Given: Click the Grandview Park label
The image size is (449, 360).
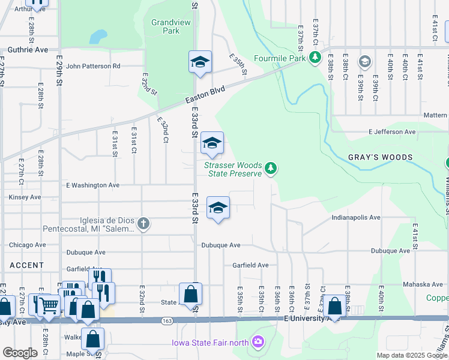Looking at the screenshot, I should pyautogui.click(x=165, y=26).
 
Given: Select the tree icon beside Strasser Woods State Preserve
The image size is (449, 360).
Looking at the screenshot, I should pyautogui.click(x=271, y=168).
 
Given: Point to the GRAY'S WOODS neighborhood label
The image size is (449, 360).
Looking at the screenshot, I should pyautogui.click(x=381, y=157).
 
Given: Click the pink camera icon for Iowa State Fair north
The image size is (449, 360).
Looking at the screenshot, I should pyautogui.click(x=258, y=342).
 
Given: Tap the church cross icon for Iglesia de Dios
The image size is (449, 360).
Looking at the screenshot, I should pyautogui.click(x=143, y=224).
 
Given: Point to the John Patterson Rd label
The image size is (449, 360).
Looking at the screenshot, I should pyautogui.click(x=93, y=66).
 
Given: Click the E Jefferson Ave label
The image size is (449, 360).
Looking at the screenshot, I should pyautogui.click(x=392, y=131).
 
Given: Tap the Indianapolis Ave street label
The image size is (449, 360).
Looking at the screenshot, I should pyautogui.click(x=356, y=218).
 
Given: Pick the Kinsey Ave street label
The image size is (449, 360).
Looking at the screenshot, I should pyautogui.click(x=25, y=197).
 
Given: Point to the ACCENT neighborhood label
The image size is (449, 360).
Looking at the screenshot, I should pyautogui.click(x=26, y=265).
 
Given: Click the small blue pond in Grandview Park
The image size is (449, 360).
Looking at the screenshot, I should pyautogui.click(x=95, y=37).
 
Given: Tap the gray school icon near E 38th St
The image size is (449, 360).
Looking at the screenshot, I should pyautogui.click(x=364, y=61).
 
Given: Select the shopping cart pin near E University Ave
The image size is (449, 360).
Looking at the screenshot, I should pyautogui.click(x=49, y=305).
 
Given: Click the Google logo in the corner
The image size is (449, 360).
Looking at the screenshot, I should pyautogui.click(x=20, y=353).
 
